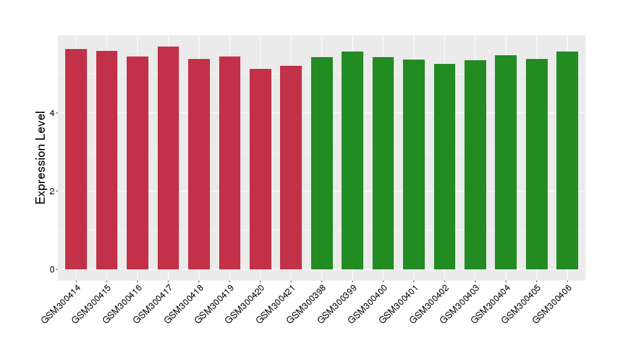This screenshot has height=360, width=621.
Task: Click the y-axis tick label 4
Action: point(53,113)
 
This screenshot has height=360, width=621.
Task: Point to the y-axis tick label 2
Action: point(53,191)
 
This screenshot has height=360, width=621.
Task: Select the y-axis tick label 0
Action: point(53,269)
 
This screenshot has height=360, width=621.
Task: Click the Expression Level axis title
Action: point(41,158)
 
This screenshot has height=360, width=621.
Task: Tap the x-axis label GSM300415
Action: point(91,302)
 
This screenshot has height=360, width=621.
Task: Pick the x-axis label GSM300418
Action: point(183,302)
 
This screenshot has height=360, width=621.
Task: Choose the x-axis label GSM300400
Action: point(368,302)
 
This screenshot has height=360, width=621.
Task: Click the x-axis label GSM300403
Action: point(460,302)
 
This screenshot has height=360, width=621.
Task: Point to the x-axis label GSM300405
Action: point(521,302)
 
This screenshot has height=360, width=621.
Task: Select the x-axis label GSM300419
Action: point(214,302)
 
